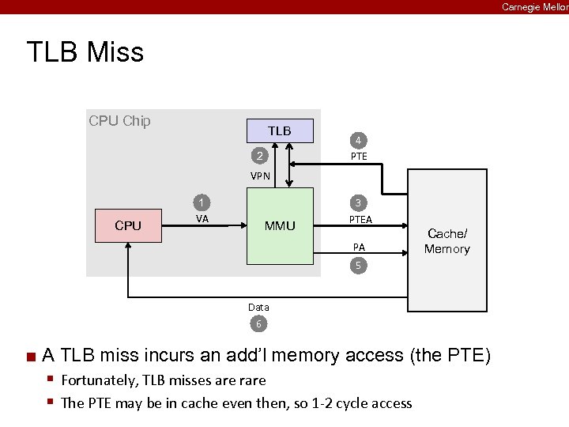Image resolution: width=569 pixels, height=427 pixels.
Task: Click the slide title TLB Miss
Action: coord(85,52)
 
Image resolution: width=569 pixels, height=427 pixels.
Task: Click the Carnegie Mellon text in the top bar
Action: coord(534,7)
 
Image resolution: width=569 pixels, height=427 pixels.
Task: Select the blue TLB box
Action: coord(279,130)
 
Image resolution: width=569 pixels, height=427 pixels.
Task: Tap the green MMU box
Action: coord(280,226)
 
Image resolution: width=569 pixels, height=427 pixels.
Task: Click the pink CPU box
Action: coord(128,225)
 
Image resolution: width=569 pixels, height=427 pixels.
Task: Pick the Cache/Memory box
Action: coord(447,241)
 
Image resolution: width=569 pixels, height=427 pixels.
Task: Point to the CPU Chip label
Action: coord(119,121)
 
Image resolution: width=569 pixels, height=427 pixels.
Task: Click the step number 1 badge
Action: coord(202,202)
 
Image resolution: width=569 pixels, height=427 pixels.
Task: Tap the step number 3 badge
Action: coord(358,202)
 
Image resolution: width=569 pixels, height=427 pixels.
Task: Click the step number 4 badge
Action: coord(358,141)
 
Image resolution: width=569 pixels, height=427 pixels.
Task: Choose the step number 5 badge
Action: coord(358,266)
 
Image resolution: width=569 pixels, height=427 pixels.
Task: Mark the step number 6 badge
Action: coord(258,323)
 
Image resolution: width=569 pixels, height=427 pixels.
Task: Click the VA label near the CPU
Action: coord(202,219)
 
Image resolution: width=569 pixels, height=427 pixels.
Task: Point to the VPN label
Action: coord(260,176)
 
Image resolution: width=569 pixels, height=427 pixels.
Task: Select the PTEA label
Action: coord(360,219)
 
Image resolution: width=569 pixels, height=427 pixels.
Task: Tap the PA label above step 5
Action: coord(359,248)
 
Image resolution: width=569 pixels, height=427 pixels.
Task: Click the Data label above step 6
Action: coord(258,307)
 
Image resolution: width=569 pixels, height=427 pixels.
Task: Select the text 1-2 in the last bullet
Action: coord(319,403)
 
